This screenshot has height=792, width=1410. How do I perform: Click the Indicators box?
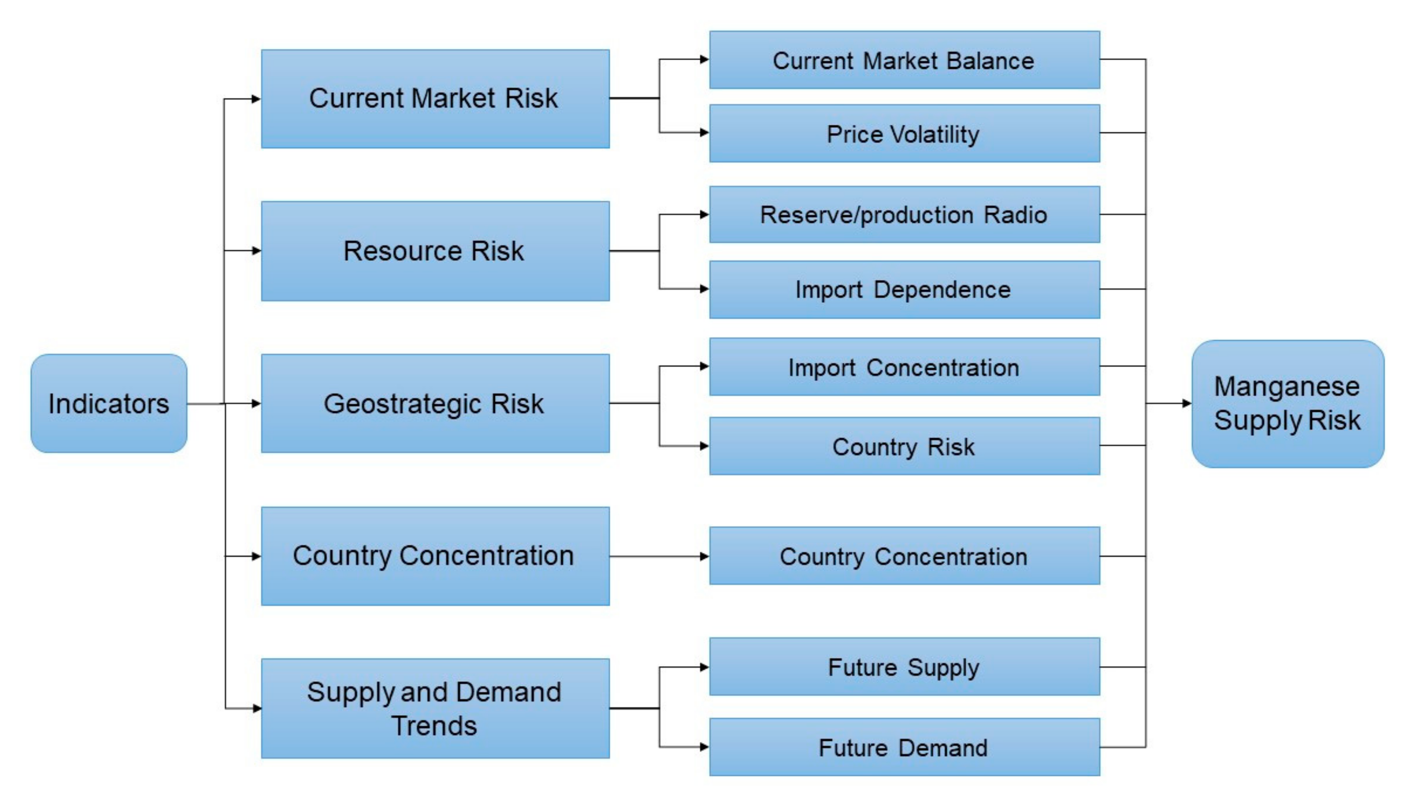click(x=108, y=403)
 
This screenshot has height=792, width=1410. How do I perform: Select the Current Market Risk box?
click(x=435, y=99)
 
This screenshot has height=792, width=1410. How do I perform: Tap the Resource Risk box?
click(x=435, y=251)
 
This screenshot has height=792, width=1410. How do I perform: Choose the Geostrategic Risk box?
click(x=435, y=403)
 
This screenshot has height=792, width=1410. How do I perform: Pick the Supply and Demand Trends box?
click(x=435, y=708)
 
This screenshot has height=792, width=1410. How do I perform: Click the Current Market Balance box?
click(x=904, y=60)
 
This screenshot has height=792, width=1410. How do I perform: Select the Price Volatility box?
click(x=904, y=133)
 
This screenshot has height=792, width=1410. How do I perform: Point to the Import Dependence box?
click(x=904, y=290)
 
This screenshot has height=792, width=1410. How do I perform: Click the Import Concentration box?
click(x=904, y=367)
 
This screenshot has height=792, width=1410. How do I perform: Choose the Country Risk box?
click(x=904, y=446)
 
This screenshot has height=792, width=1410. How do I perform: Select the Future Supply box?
click(x=904, y=667)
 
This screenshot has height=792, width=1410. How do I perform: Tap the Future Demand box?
click(x=904, y=747)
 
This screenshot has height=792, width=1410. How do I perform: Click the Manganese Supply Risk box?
click(x=1287, y=403)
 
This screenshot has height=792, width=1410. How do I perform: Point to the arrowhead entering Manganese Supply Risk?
click(x=1186, y=403)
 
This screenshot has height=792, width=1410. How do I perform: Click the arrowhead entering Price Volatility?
click(x=704, y=132)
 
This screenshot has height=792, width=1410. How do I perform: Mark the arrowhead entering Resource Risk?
click(x=256, y=251)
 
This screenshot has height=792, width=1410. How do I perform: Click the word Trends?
click(x=434, y=726)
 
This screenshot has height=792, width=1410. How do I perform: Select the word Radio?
click(x=1015, y=215)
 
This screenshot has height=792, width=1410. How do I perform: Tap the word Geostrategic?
click(x=402, y=404)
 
